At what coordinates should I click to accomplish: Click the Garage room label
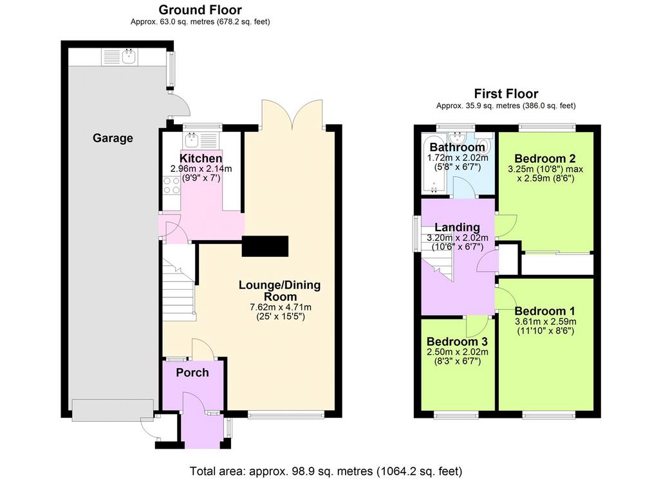click(x=113, y=138)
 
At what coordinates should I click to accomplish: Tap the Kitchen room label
click(x=201, y=158)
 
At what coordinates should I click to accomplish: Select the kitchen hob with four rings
click(x=171, y=185)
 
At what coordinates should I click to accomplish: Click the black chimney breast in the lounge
click(x=265, y=246)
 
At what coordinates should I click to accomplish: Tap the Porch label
click(x=192, y=373)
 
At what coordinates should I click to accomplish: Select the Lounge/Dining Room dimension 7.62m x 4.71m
click(x=281, y=307)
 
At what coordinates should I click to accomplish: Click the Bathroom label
click(x=458, y=147)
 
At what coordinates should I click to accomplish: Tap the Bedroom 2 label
click(x=544, y=158)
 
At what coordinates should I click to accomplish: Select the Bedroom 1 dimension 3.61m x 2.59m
click(x=546, y=322)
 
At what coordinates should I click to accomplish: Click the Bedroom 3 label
click(x=458, y=341)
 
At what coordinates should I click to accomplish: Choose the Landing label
click(x=458, y=227)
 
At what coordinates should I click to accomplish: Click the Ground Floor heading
click(x=201, y=9)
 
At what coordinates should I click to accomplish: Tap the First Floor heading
click(x=506, y=93)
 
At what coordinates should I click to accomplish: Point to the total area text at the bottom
click(x=326, y=471)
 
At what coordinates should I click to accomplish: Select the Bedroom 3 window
click(x=456, y=415)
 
